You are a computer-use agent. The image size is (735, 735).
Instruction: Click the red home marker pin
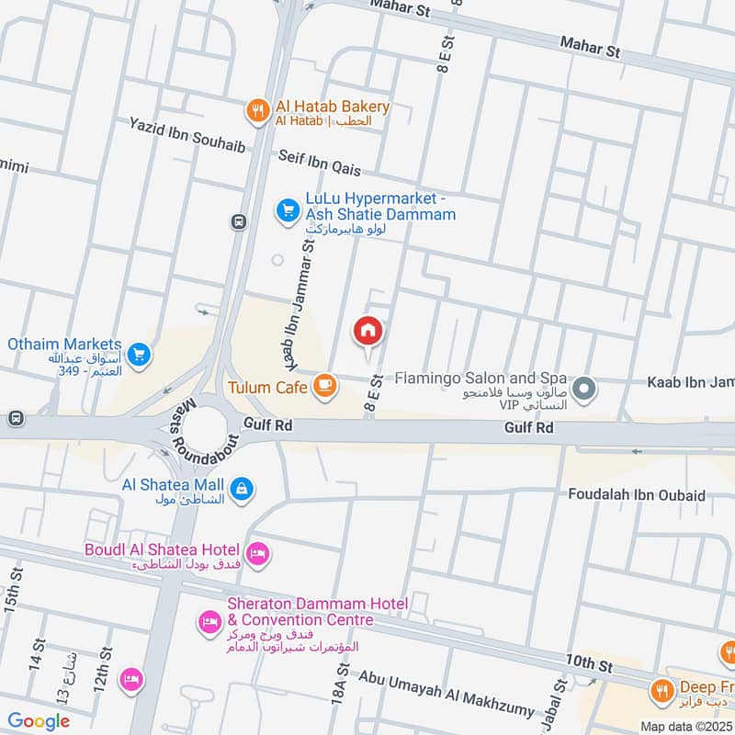point(368,330)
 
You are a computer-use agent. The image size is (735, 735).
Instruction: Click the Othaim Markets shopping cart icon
point(139,353)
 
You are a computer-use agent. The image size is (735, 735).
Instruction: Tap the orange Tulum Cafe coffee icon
point(323,388)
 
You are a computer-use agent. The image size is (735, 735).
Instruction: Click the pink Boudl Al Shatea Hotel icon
point(259,553)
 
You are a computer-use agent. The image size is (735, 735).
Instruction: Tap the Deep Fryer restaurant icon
point(661,689)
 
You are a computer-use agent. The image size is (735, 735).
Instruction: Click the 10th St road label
point(589,663)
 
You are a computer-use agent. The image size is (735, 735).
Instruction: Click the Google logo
point(39,721)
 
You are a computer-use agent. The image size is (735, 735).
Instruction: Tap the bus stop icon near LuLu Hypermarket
point(239,221)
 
